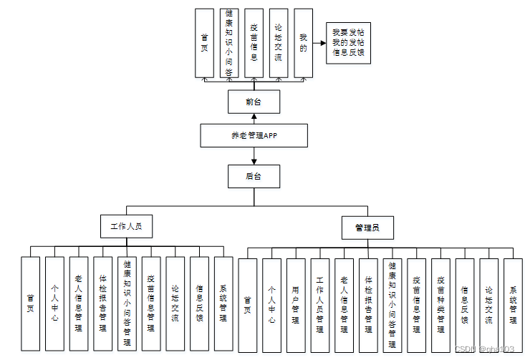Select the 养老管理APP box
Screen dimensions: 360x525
point(254,135)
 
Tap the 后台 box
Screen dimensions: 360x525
point(254,175)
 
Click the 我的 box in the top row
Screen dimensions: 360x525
point(304,43)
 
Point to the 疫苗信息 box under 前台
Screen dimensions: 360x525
point(254,43)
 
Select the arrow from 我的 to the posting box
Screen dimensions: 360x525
point(319,43)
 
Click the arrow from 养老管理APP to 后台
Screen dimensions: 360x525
point(254,156)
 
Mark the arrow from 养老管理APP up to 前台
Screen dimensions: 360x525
point(254,119)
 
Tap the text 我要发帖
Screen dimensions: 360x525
point(348,33)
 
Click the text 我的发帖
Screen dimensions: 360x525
point(348,43)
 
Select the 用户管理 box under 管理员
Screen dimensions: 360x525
point(296,304)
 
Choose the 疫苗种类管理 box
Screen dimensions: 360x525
point(441,304)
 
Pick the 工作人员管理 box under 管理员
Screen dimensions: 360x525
point(320,304)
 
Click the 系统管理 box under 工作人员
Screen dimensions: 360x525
point(223,303)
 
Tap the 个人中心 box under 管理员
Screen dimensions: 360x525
point(271,304)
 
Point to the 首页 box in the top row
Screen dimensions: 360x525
point(205,43)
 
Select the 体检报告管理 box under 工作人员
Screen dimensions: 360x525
point(102,303)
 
